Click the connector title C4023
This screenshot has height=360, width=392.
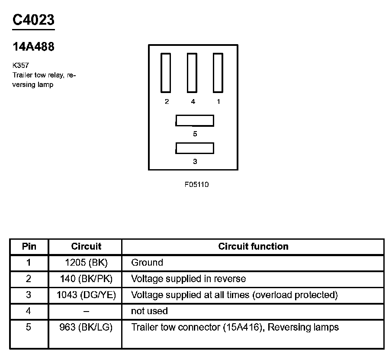33,20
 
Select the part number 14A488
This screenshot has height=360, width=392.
33,47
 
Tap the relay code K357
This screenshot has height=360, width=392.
21,66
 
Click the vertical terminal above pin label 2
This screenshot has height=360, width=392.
166,73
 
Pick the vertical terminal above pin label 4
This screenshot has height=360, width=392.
192,73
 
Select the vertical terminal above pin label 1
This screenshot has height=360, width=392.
218,73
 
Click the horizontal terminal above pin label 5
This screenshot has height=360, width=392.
195,120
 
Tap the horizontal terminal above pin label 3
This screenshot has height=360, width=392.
195,148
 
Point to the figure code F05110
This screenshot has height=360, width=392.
196,184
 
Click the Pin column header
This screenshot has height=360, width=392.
29,247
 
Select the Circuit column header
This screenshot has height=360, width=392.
86,247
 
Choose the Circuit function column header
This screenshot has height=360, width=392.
253,247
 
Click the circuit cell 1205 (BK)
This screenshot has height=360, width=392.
86,263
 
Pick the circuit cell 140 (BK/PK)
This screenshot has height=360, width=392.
86,279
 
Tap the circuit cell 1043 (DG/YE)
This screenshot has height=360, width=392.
86,295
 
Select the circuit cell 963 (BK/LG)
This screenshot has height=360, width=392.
86,327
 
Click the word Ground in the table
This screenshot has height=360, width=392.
147,263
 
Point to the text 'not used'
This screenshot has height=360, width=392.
149,311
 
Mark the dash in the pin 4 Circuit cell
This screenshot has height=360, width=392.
86,311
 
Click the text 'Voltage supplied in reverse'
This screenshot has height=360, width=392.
188,279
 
